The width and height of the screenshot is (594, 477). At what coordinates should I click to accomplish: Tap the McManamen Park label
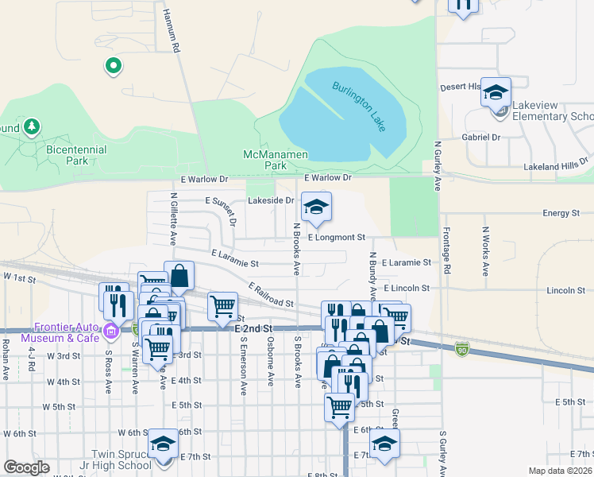(x=264, y=160)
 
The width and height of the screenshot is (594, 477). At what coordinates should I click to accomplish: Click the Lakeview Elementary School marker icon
(x=496, y=94)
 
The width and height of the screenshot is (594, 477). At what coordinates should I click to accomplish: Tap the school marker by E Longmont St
(x=316, y=208)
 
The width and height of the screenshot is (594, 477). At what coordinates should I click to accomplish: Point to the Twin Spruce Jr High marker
(x=163, y=444)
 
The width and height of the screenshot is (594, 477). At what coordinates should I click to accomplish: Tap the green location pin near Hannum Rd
(x=113, y=66)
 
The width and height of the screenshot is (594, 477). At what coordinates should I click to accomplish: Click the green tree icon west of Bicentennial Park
(x=31, y=126)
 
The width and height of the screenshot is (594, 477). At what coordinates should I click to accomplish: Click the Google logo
(x=26, y=467)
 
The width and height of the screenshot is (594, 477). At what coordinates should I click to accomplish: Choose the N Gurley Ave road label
(x=438, y=167)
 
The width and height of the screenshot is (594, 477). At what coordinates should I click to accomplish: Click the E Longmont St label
(x=336, y=237)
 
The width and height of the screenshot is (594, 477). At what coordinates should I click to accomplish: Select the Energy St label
(x=561, y=213)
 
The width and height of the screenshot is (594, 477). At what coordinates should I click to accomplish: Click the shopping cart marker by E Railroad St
(x=222, y=305)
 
